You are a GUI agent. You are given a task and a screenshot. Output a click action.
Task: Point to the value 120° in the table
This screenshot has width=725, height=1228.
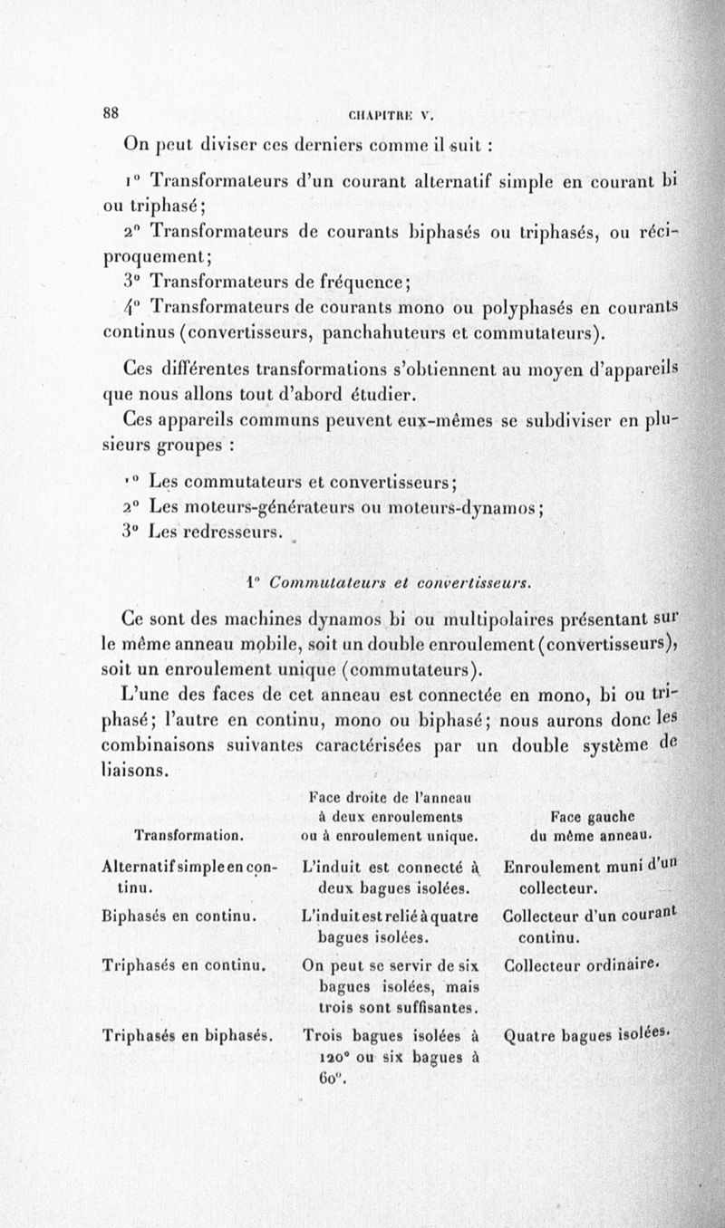point(338,1057)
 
